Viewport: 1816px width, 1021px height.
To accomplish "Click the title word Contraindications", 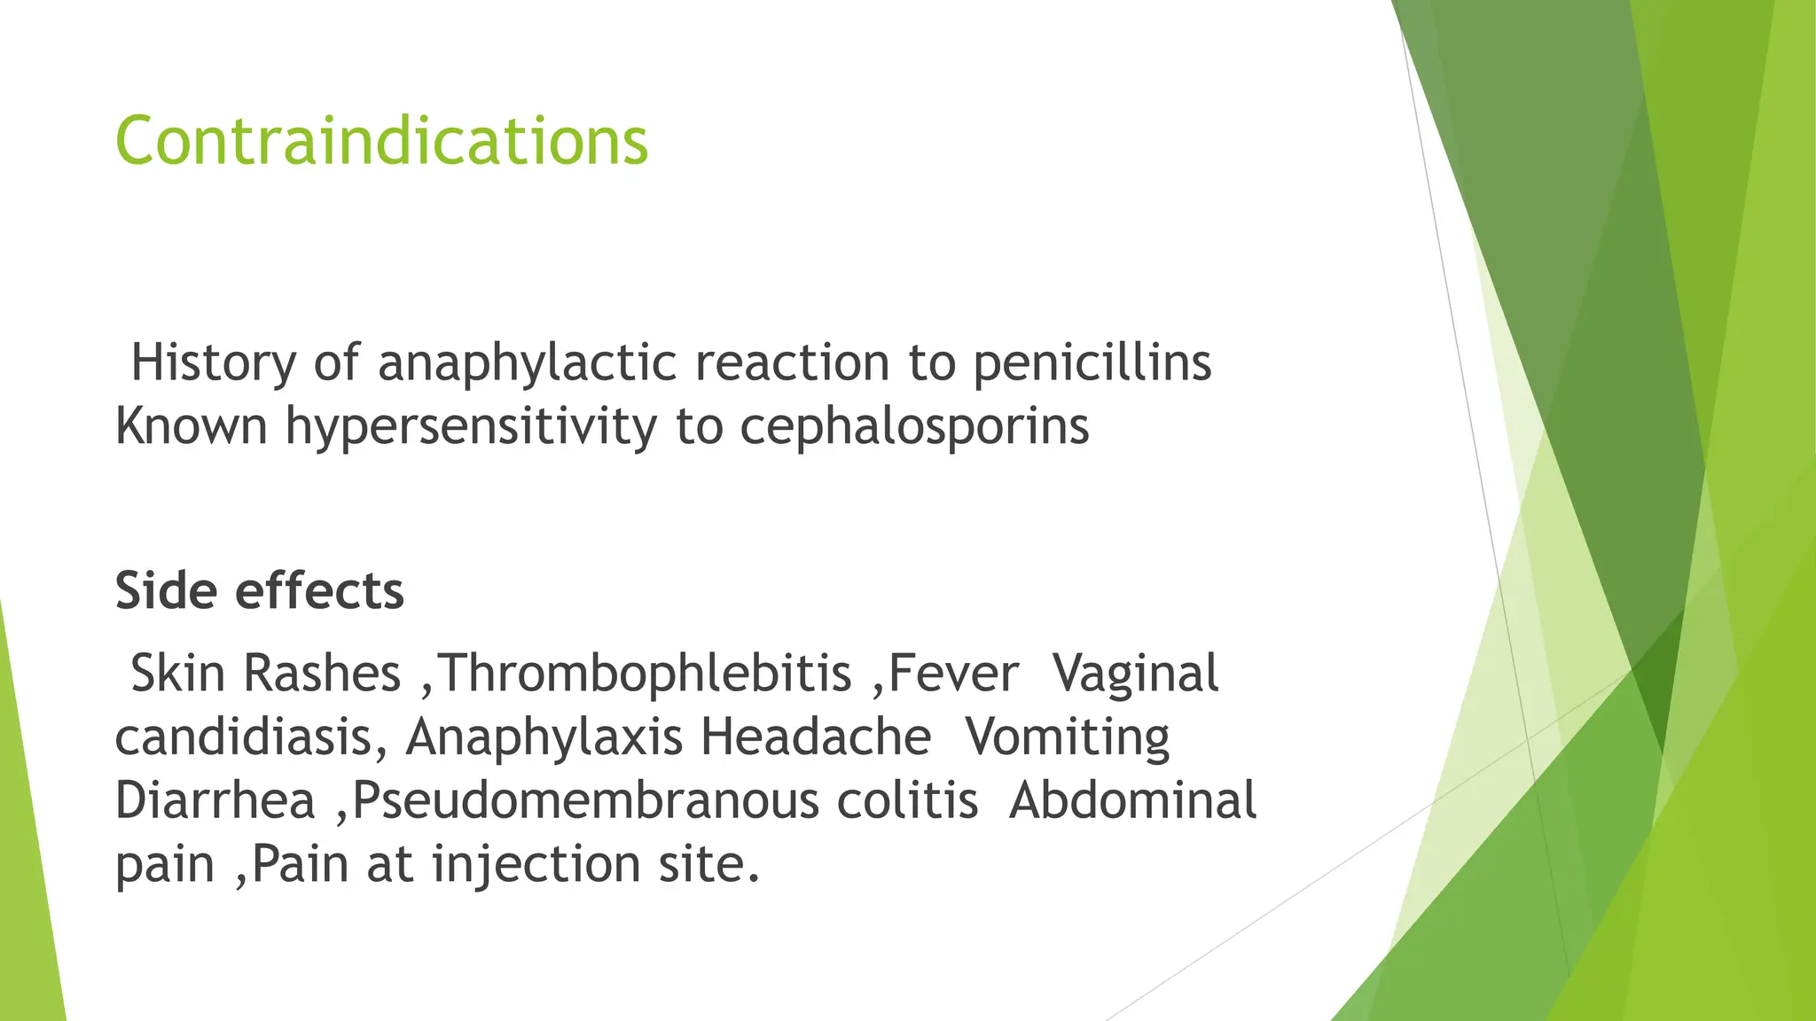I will pyautogui.click(x=381, y=142).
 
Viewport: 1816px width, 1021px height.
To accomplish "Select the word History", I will pyautogui.click(x=213, y=362).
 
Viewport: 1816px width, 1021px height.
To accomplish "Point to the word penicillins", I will pyautogui.click(x=1092, y=363).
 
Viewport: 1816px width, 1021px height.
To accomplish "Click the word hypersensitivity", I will pyautogui.click(x=471, y=427).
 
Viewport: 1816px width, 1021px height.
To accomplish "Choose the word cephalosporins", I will pyautogui.click(x=914, y=427).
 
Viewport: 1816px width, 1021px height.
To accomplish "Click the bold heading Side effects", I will pyautogui.click(x=260, y=591).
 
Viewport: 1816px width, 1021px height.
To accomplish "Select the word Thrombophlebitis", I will pyautogui.click(x=645, y=673).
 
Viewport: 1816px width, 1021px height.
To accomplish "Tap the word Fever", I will pyautogui.click(x=953, y=673).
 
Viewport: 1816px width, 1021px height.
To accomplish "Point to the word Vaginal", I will pyautogui.click(x=1135, y=673).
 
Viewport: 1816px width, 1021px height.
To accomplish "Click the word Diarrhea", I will pyautogui.click(x=215, y=800).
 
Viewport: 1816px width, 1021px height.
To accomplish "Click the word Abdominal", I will pyautogui.click(x=1132, y=800).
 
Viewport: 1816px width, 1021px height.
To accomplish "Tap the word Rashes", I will pyautogui.click(x=322, y=673).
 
